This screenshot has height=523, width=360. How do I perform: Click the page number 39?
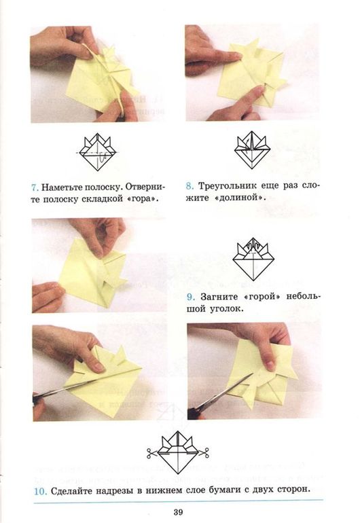[178, 511]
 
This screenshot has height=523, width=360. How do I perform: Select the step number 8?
[190, 185]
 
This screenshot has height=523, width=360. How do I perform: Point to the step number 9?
[190, 297]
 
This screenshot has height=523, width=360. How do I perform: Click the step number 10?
[40, 491]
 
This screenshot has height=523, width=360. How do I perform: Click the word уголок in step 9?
[227, 309]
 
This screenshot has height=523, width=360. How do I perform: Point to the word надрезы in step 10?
[115, 491]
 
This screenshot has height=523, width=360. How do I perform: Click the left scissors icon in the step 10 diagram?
[152, 453]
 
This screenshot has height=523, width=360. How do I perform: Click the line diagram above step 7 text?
[97, 151]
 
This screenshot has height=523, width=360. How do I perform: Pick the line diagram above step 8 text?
[252, 151]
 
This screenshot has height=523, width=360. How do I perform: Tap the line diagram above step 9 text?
[253, 259]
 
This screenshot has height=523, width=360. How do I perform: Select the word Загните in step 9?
[219, 297]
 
